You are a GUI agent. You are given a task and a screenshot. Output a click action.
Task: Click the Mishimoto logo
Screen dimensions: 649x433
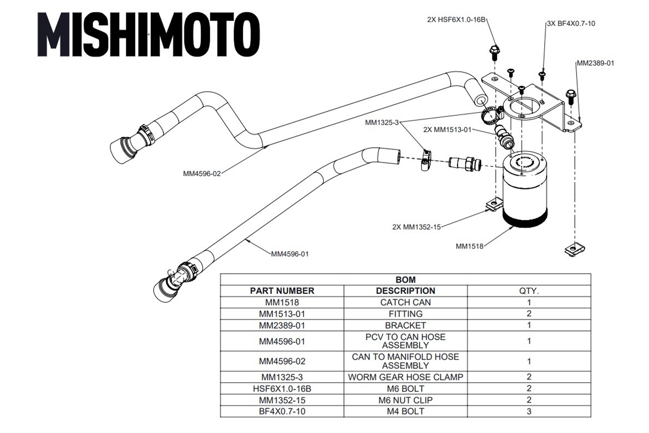coord(149,34)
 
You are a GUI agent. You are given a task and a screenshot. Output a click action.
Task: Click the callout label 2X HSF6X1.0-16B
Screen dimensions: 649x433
coord(456,20)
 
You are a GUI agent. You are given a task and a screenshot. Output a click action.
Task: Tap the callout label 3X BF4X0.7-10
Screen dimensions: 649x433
coord(571,23)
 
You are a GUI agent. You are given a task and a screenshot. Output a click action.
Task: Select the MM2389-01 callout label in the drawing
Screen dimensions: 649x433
coord(595,63)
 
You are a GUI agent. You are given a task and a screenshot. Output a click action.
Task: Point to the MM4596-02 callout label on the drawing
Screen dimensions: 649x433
coord(202,174)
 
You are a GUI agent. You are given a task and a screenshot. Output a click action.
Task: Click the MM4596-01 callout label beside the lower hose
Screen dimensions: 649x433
coord(290,254)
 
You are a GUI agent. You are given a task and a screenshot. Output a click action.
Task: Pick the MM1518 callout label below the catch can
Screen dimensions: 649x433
coord(469,246)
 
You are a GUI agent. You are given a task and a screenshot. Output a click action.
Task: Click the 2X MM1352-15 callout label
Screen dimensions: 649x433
coord(416,227)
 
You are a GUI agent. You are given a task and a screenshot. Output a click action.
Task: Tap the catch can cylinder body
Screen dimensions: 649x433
coord(525,191)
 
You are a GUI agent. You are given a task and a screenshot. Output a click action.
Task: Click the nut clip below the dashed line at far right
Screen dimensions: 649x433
coord(575,249)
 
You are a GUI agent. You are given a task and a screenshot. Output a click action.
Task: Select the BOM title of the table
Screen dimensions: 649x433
coord(405,280)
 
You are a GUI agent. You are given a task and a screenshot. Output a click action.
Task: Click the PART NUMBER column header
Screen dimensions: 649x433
coord(282,291)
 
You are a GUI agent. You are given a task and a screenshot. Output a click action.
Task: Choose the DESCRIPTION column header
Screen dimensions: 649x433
coord(405,291)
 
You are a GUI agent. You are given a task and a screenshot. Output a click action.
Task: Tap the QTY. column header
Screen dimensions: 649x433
coord(529,291)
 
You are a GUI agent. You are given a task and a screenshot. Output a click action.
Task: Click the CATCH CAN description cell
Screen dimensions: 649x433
coord(405,302)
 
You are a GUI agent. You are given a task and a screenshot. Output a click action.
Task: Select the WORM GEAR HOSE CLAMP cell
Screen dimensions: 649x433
coord(405,377)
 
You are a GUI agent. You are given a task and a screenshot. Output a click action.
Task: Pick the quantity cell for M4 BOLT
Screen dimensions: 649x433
coord(529,411)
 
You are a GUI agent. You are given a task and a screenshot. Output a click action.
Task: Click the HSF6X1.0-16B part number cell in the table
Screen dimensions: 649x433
coord(282,389)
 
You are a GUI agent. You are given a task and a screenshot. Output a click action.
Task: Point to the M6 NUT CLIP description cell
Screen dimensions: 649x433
coord(405,400)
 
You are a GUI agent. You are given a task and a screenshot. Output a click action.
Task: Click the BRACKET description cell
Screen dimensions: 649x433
coord(405,326)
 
